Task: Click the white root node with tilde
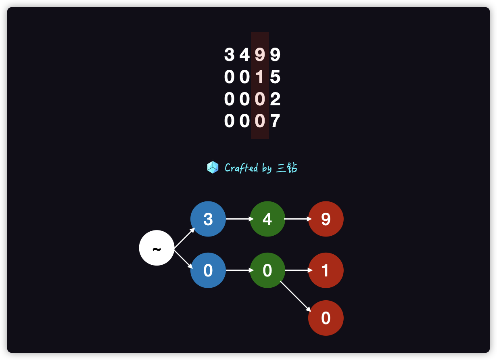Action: tap(157, 248)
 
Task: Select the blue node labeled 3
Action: tap(208, 219)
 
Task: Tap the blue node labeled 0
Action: tap(208, 270)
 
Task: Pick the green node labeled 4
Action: tap(267, 219)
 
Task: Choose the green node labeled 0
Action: tap(267, 270)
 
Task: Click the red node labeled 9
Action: tap(326, 219)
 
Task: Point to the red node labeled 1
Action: tap(326, 270)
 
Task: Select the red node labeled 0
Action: tap(326, 318)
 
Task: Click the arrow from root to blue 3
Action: tap(184, 239)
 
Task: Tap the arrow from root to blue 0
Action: tap(184, 260)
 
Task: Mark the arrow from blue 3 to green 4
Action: tap(240, 219)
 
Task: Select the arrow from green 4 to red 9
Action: tap(298, 219)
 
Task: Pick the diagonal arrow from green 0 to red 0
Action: tap(295, 296)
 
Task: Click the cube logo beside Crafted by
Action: tap(213, 167)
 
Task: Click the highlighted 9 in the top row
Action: tap(260, 55)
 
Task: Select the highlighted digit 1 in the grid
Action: tap(260, 77)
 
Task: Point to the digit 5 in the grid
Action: tap(275, 77)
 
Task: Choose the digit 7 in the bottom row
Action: tap(275, 121)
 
